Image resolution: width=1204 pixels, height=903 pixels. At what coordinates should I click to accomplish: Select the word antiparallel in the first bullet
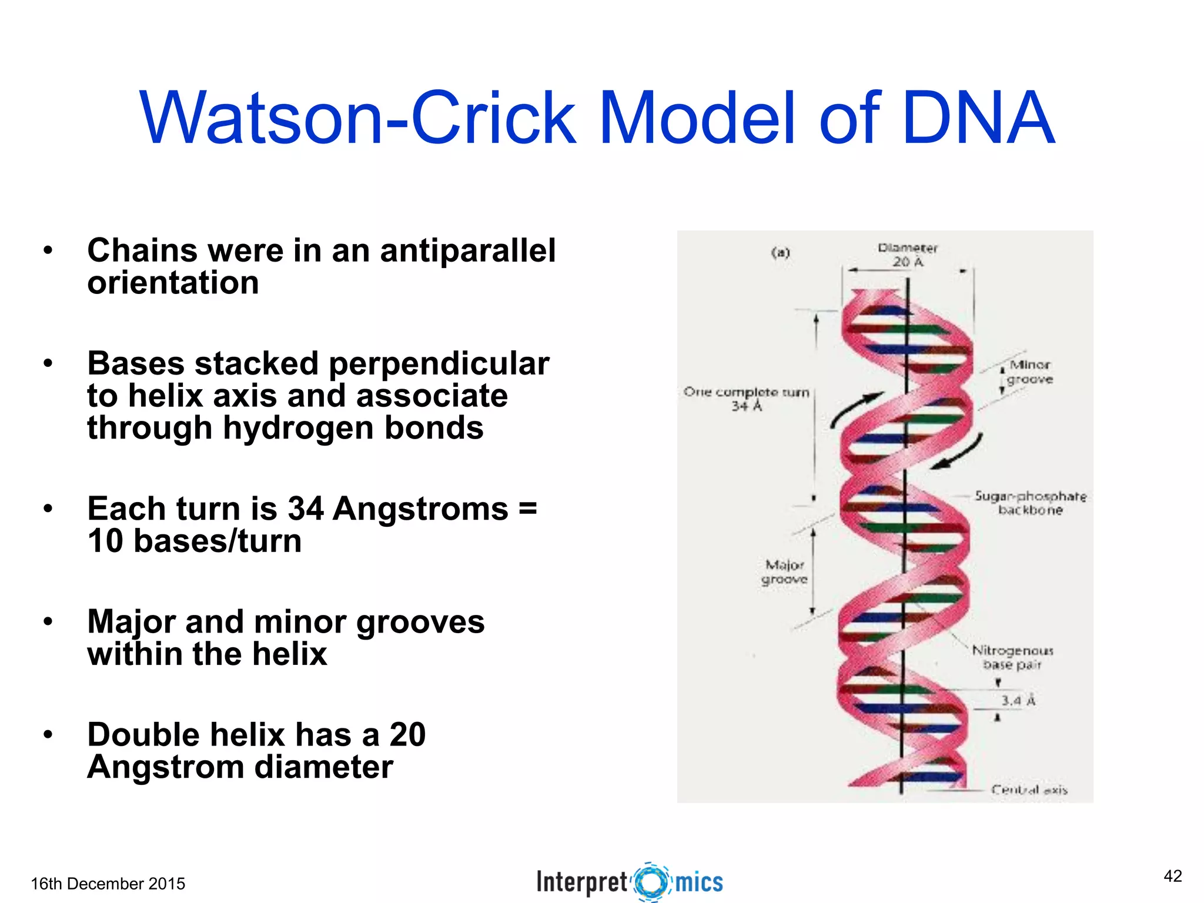(x=467, y=250)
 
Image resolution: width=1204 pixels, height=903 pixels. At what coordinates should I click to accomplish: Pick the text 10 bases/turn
(x=194, y=541)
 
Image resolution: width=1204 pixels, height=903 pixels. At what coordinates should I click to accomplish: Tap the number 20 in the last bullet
(x=407, y=735)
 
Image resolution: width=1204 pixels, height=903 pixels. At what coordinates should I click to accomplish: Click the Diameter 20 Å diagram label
(x=907, y=255)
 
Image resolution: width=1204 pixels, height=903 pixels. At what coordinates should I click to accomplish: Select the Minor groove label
(x=1029, y=372)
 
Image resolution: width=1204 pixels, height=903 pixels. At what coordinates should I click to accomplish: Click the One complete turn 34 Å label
(x=746, y=399)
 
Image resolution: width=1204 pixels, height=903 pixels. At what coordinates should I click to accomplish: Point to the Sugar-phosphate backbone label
(x=1030, y=503)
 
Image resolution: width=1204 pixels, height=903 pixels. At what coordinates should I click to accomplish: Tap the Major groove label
(x=784, y=572)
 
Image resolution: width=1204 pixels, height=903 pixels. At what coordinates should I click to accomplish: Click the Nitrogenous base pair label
(x=1012, y=657)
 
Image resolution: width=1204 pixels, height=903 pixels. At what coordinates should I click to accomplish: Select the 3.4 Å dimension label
(x=1018, y=700)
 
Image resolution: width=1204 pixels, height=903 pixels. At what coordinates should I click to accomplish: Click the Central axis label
(x=1029, y=790)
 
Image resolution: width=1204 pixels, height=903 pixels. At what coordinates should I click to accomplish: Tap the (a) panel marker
(x=780, y=253)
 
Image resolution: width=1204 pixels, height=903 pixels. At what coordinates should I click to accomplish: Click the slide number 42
(x=1172, y=877)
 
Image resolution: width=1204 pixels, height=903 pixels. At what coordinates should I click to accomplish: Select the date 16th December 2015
(x=108, y=884)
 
